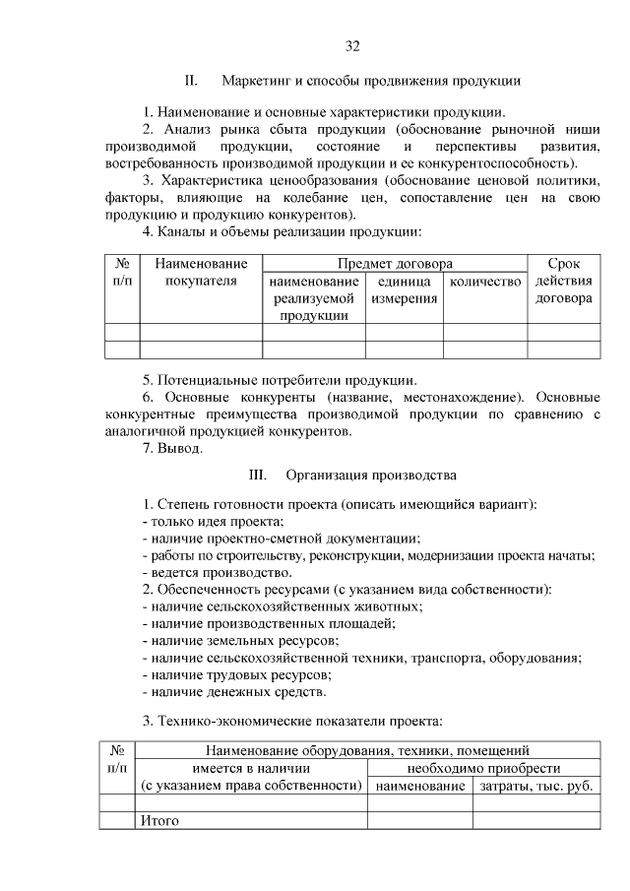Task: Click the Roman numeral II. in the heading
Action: point(193,80)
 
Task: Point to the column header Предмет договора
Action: point(395,264)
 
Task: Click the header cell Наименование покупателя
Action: point(201,273)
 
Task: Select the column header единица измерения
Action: point(405,290)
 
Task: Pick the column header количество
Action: point(484,283)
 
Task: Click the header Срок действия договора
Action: point(563,282)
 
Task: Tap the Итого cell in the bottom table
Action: point(159,820)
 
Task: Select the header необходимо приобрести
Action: point(483,768)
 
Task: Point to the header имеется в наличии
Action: point(251,768)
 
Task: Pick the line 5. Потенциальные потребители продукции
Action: point(280,380)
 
